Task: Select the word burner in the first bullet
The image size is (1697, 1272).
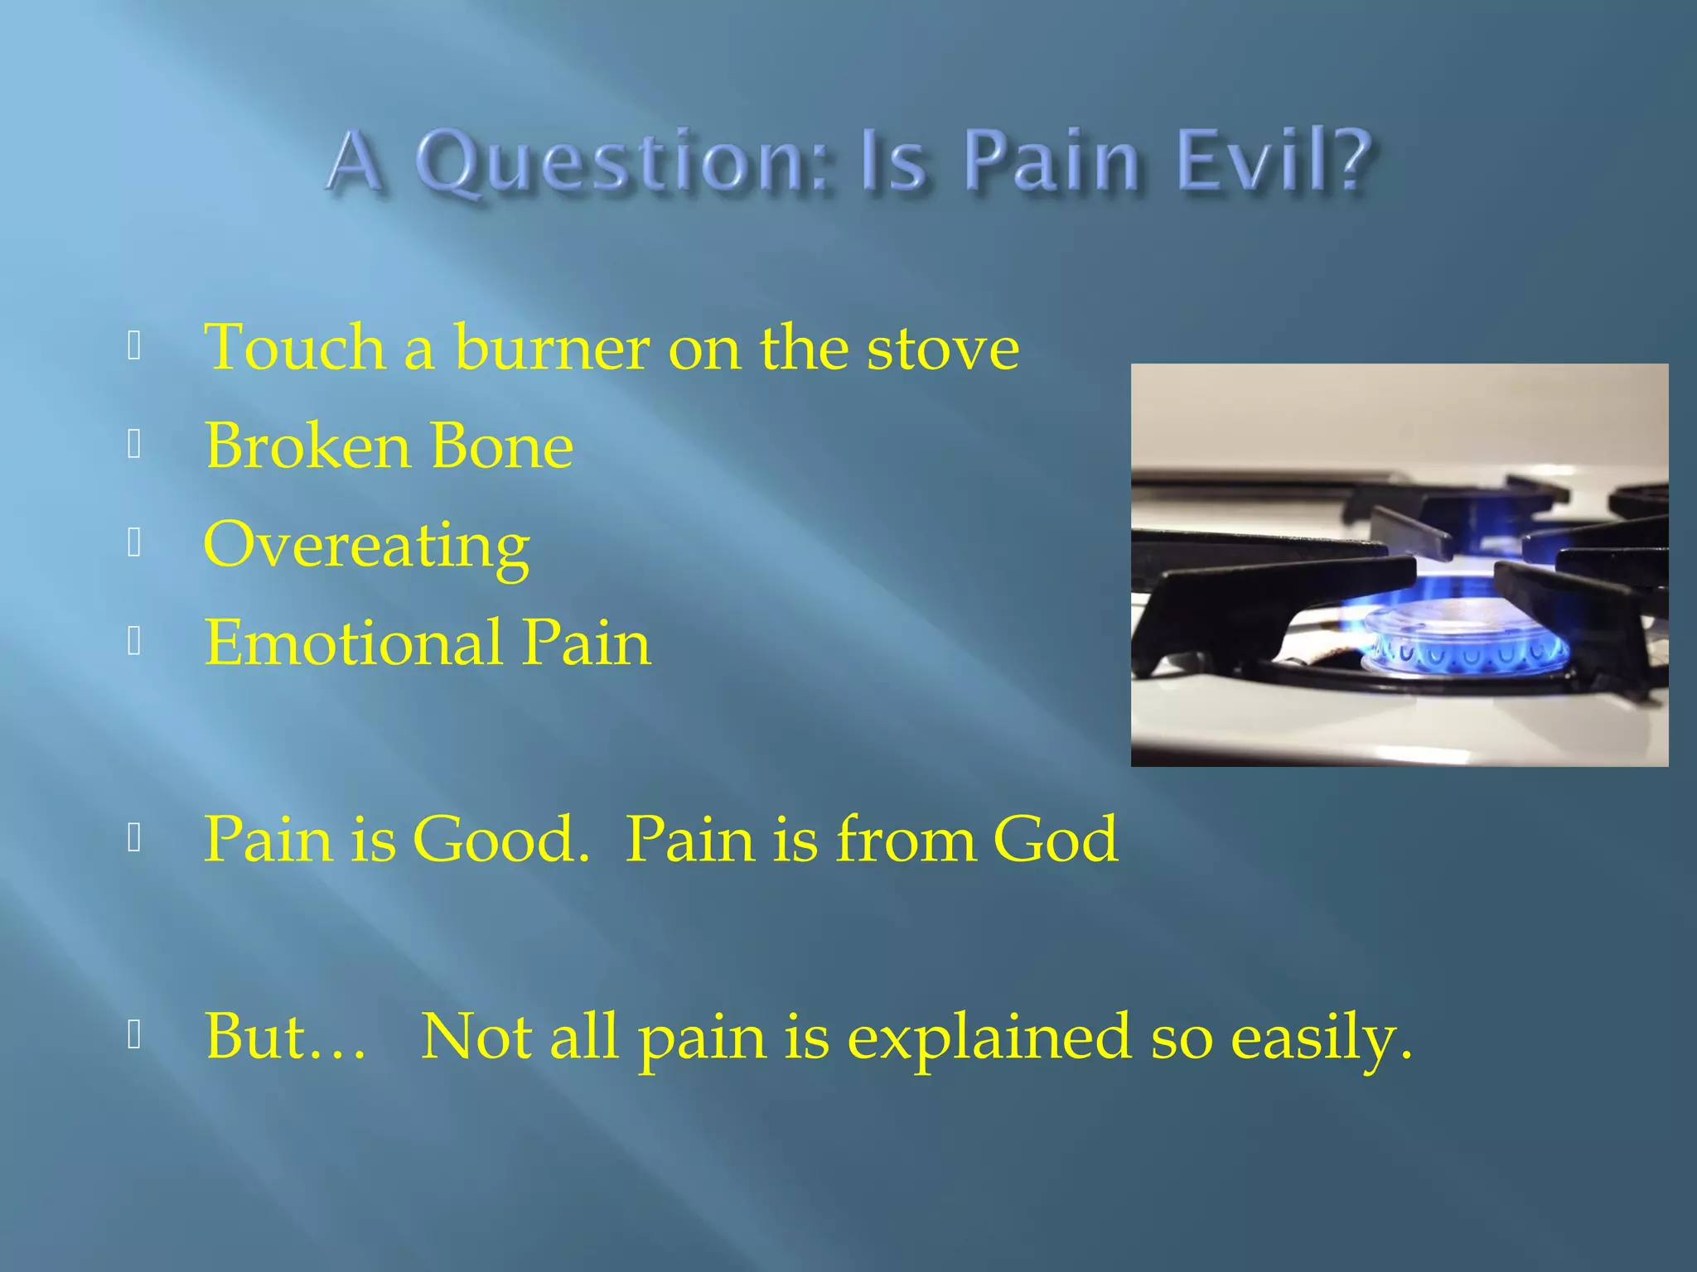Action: tap(551, 348)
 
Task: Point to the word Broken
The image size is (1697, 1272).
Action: tap(307, 446)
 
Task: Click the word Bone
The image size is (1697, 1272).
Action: tap(502, 446)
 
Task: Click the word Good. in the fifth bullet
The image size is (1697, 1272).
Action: tap(500, 840)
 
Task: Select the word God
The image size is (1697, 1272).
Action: tap(1056, 840)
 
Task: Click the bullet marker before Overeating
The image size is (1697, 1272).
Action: tap(134, 543)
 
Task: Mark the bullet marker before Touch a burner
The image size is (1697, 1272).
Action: tap(134, 346)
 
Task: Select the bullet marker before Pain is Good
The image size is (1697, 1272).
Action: tap(134, 839)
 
